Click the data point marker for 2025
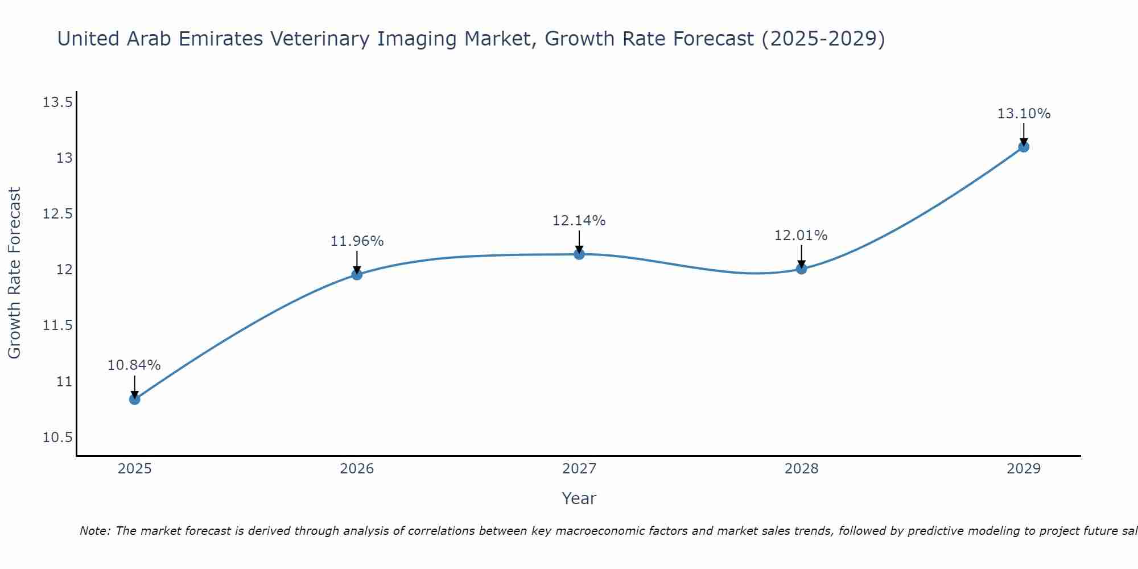click(x=134, y=399)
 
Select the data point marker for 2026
click(x=357, y=275)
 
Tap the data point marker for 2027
click(x=579, y=254)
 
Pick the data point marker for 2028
click(x=801, y=269)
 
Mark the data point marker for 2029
click(x=1024, y=147)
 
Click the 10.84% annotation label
click(x=134, y=365)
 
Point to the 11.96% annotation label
click(x=357, y=241)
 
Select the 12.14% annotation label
click(x=579, y=221)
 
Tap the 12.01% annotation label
click(x=801, y=236)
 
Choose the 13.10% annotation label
click(x=1024, y=114)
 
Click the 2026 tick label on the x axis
click(x=357, y=469)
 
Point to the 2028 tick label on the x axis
click(x=801, y=469)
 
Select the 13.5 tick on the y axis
click(x=57, y=102)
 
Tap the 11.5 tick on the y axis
click(x=57, y=325)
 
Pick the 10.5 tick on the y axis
click(x=57, y=437)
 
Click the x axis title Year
click(x=579, y=498)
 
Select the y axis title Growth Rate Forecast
click(x=15, y=273)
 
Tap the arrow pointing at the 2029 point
click(x=1024, y=134)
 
